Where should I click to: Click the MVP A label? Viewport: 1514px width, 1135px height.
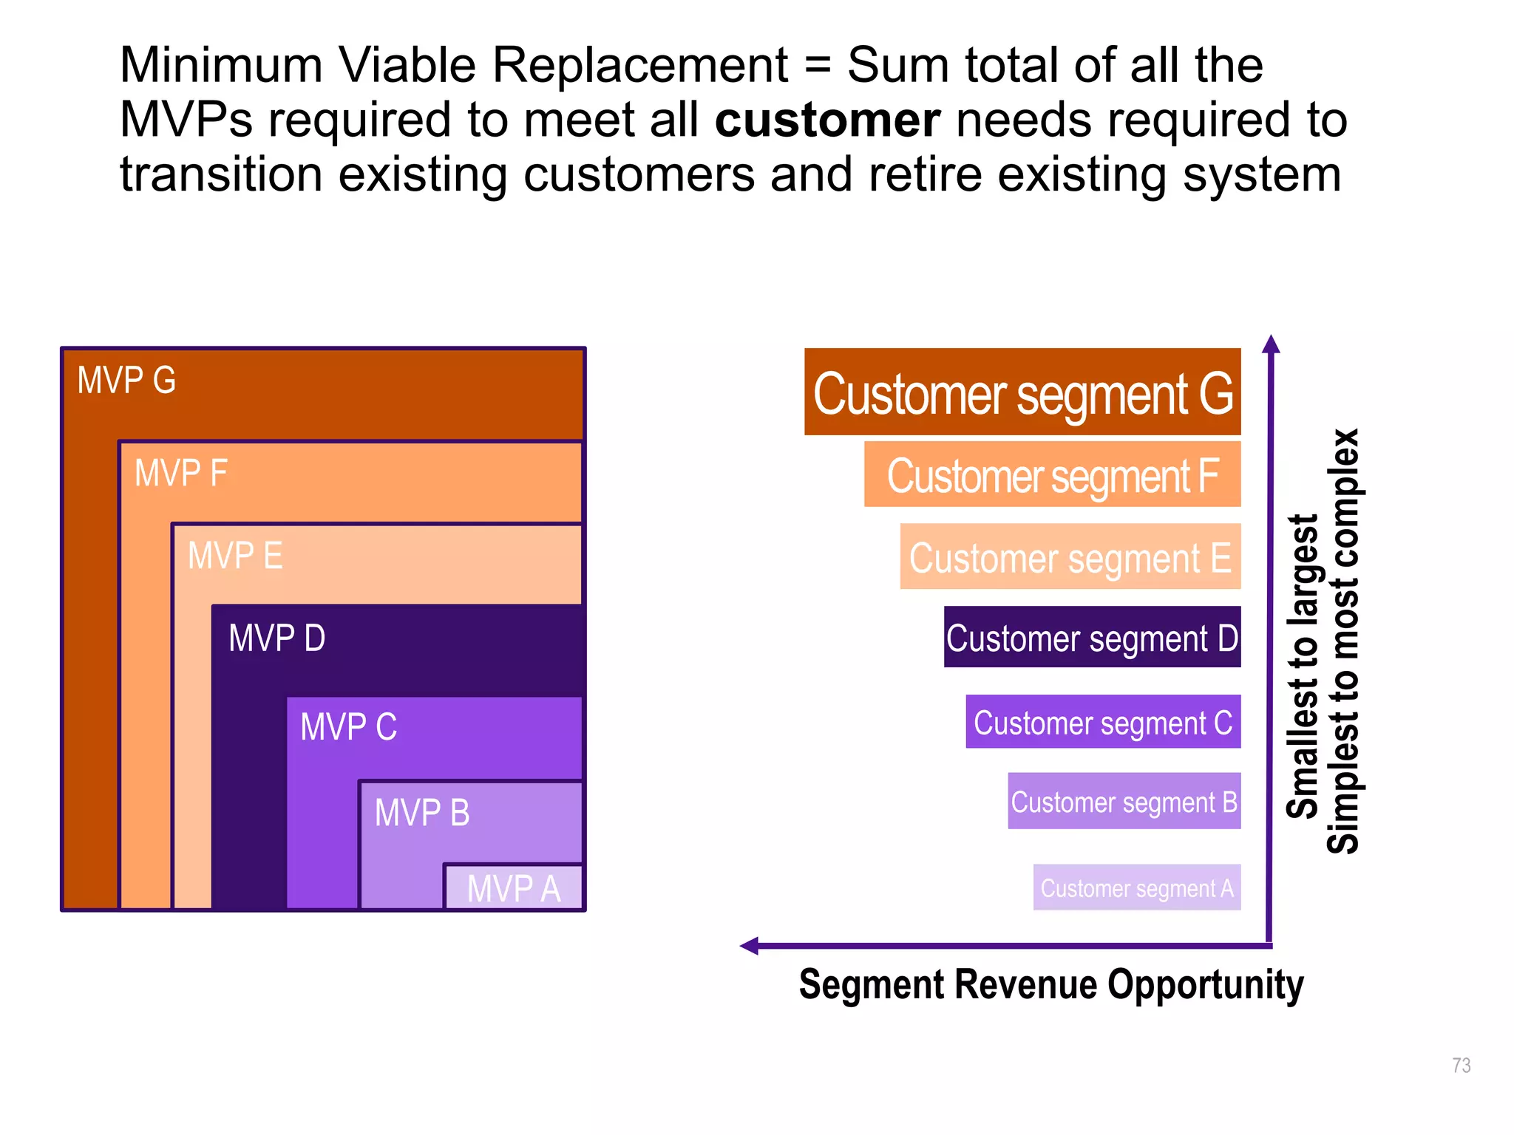514,887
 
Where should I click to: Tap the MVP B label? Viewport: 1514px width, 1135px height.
422,812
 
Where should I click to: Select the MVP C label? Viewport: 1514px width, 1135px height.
348,726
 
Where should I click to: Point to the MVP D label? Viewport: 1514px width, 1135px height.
276,638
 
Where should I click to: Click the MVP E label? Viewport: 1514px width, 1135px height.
235,556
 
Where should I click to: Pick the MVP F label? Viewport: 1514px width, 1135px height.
180,473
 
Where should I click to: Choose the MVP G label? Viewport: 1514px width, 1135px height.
126,381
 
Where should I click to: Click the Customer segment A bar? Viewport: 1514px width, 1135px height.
1136,887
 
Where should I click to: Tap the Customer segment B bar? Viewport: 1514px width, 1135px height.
1124,802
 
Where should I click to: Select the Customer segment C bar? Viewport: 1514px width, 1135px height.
1102,722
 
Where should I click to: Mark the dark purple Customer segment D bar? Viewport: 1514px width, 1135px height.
1092,638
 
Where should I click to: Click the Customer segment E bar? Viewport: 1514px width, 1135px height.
1070,557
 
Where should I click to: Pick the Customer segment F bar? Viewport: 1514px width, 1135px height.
1052,475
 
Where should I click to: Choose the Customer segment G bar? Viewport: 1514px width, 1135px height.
1022,392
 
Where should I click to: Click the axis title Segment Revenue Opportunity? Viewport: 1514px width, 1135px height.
1050,984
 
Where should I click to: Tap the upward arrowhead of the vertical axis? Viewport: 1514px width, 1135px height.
1271,344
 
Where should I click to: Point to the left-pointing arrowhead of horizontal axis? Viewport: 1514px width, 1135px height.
750,946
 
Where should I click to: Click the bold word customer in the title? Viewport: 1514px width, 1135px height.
827,120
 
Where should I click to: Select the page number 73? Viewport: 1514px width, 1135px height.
1461,1065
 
